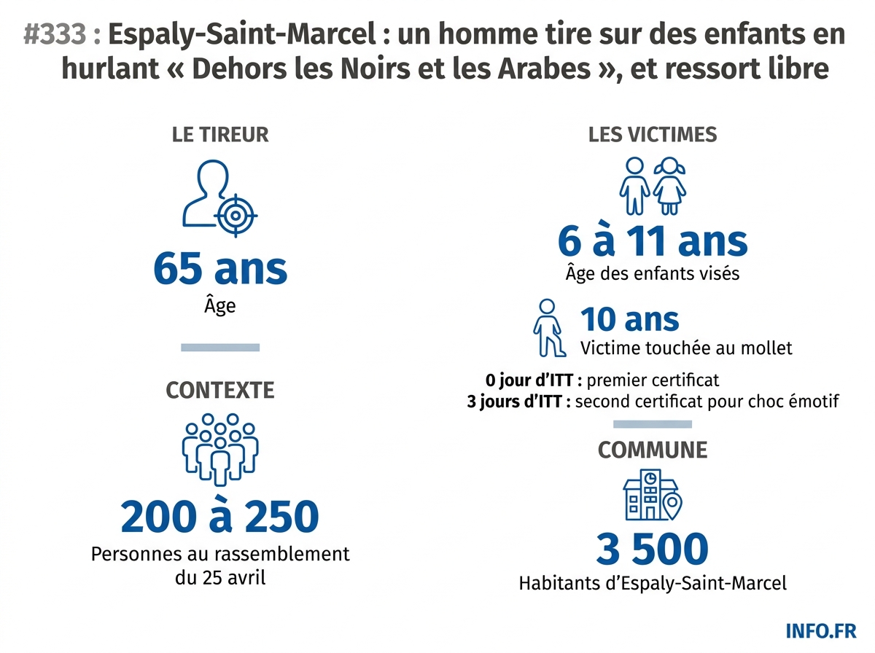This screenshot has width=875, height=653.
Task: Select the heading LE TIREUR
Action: coord(220,135)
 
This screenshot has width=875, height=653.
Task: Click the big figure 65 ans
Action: coord(220,269)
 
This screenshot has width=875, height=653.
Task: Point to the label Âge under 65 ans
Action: coord(220,305)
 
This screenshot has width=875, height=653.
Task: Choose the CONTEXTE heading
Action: coord(220,391)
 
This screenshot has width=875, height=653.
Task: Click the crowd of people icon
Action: coord(219,449)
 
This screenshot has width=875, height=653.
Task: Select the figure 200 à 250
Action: coord(220,517)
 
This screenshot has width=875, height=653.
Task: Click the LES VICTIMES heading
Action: coord(653,135)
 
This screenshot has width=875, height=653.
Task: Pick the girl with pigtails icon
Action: coord(669,186)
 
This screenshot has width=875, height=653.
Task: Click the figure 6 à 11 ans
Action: coord(653,241)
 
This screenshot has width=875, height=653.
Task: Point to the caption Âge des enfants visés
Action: coord(653,274)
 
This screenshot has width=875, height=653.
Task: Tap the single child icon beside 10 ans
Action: coord(547,327)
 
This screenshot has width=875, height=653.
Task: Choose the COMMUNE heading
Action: coord(653,450)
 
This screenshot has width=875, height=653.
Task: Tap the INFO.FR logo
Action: coord(822,630)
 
